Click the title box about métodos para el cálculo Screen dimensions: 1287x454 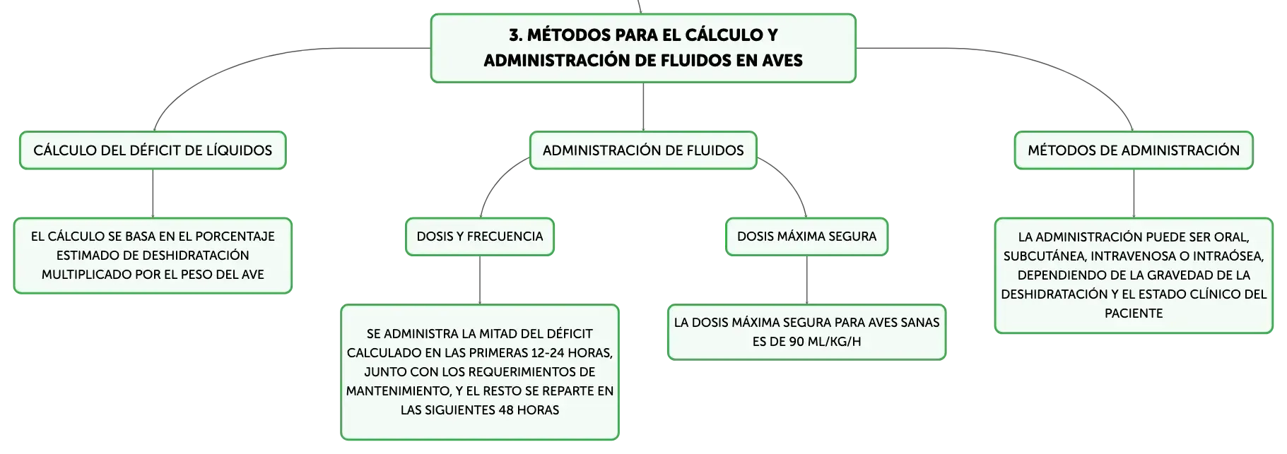[643, 48]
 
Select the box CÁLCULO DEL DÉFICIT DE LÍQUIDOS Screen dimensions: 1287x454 [153, 150]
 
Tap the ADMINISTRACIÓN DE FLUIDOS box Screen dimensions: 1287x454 [643, 150]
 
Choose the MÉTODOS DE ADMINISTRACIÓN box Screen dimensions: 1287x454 [1134, 150]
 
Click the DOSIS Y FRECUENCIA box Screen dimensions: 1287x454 [480, 237]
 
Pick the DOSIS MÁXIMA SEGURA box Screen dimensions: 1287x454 [806, 237]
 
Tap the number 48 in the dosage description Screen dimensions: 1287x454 [507, 410]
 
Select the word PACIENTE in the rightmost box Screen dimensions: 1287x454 [1134, 313]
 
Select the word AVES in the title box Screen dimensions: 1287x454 [782, 61]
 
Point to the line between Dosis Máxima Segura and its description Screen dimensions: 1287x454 [806, 280]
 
